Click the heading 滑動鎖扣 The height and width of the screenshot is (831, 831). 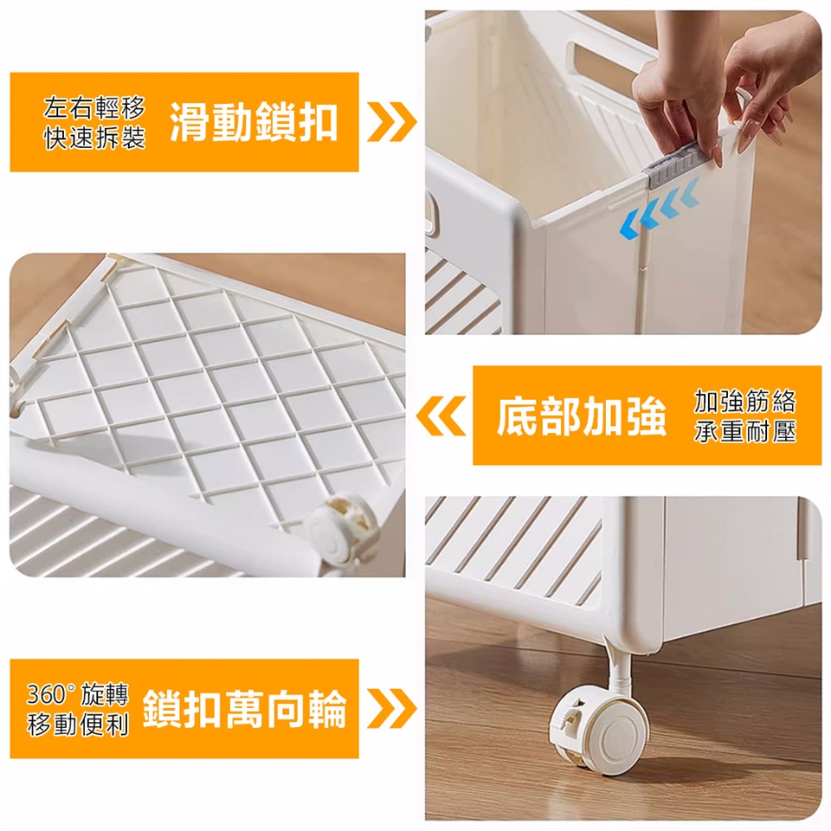coord(254,122)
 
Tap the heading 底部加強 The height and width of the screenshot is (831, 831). coord(582,416)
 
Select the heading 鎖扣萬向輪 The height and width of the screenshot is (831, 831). coord(244,709)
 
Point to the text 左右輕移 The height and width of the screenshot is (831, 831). coord(94,108)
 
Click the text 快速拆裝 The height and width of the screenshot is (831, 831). coord(94,138)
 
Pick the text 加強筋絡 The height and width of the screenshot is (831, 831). coord(745,401)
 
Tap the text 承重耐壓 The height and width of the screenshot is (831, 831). coord(745,431)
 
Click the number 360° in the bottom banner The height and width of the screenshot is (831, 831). coord(51,694)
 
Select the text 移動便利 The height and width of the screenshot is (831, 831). coord(78,725)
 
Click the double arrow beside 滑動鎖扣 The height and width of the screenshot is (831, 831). coord(391,122)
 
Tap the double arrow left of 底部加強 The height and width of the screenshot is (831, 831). coord(441,416)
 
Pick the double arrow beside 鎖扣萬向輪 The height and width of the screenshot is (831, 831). coord(391,709)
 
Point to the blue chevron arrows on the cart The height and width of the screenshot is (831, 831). coord(660,209)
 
